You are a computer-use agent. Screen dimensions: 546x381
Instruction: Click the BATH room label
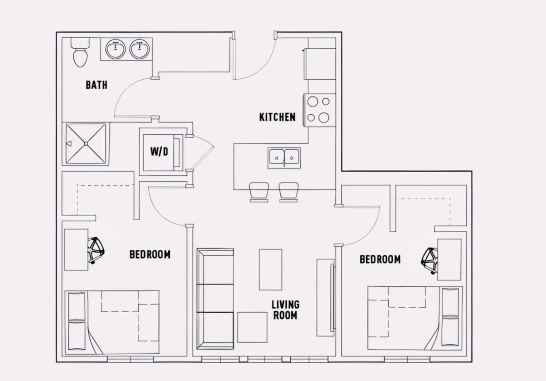pyautogui.click(x=96, y=85)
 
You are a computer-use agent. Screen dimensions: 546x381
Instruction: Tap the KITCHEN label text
pyautogui.click(x=278, y=117)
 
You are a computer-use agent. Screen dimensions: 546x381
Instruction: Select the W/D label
pyautogui.click(x=159, y=152)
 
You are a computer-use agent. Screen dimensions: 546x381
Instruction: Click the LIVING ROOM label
pyautogui.click(x=285, y=310)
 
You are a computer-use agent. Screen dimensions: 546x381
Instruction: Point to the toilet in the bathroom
pyautogui.click(x=80, y=52)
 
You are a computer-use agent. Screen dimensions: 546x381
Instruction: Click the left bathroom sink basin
pyautogui.click(x=116, y=49)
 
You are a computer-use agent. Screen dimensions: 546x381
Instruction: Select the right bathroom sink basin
pyautogui.click(x=139, y=49)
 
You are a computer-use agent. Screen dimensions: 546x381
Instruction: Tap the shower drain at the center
pyautogui.click(x=86, y=144)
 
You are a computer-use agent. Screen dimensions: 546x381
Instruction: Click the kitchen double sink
pyautogui.click(x=284, y=158)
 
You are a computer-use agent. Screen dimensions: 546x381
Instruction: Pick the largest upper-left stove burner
pyautogui.click(x=313, y=102)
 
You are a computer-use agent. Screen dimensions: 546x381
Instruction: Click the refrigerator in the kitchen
pyautogui.click(x=320, y=64)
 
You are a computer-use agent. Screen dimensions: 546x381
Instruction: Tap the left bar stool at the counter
pyautogui.click(x=259, y=192)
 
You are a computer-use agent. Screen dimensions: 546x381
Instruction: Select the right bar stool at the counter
pyautogui.click(x=288, y=192)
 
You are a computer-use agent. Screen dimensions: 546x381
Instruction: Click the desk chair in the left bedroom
pyautogui.click(x=96, y=250)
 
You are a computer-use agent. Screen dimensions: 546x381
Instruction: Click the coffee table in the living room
pyautogui.click(x=271, y=269)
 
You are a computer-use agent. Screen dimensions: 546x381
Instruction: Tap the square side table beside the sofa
pyautogui.click(x=252, y=327)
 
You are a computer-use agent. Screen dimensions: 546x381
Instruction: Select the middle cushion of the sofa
pyautogui.click(x=215, y=298)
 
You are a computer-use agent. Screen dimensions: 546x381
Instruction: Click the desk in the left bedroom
pyautogui.click(x=76, y=249)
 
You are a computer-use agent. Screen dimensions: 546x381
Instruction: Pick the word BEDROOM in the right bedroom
pyautogui.click(x=380, y=259)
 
